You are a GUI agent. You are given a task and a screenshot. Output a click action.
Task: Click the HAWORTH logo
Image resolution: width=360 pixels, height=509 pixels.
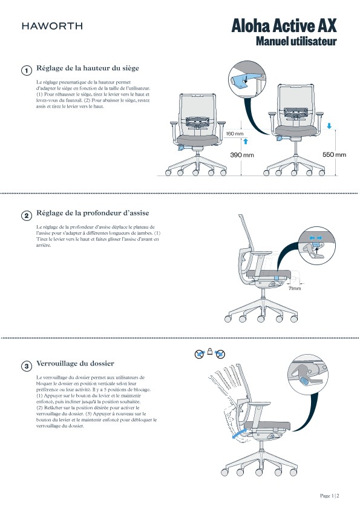pyautogui.click(x=52, y=26)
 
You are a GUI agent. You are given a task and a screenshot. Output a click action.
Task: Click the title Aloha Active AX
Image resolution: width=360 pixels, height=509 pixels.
pyautogui.click(x=284, y=25)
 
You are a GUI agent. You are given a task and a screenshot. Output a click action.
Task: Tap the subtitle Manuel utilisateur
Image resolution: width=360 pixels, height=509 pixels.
pyautogui.click(x=296, y=41)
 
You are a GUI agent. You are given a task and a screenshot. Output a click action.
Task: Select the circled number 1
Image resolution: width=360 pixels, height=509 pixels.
pyautogui.click(x=26, y=70)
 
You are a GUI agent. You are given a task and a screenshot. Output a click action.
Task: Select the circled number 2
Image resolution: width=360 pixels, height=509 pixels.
pyautogui.click(x=26, y=215)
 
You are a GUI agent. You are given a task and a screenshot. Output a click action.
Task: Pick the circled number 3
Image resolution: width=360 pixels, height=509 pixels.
pyautogui.click(x=26, y=366)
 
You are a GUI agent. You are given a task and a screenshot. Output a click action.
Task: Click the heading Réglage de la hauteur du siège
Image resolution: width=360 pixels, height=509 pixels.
pyautogui.click(x=88, y=68)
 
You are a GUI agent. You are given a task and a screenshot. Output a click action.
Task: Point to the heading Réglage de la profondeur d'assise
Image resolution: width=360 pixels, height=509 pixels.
pyautogui.click(x=93, y=213)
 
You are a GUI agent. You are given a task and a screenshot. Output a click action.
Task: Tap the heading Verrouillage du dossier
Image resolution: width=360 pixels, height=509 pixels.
pyautogui.click(x=75, y=363)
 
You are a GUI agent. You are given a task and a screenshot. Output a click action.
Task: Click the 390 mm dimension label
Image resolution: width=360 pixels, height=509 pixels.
pyautogui.click(x=242, y=155)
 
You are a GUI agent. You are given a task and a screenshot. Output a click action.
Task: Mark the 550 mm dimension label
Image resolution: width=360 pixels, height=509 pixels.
pyautogui.click(x=334, y=154)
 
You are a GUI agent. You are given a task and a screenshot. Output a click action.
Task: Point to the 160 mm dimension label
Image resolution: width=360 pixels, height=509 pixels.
pyautogui.click(x=235, y=134)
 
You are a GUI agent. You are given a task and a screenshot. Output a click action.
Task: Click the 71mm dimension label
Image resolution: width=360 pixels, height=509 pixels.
pyautogui.click(x=295, y=288)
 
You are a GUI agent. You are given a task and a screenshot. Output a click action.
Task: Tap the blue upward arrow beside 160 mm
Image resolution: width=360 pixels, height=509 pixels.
pyautogui.click(x=246, y=141)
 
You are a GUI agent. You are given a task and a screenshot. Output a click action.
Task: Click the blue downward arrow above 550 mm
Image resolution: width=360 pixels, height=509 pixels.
pyautogui.click(x=329, y=126)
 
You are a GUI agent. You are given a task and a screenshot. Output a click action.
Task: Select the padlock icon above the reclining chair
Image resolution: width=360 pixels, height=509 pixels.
pyautogui.click(x=210, y=351)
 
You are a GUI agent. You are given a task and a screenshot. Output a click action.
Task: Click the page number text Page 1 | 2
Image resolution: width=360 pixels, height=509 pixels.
pyautogui.click(x=330, y=496)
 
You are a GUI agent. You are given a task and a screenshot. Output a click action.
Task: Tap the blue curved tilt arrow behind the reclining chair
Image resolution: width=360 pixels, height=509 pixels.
pyautogui.click(x=240, y=434)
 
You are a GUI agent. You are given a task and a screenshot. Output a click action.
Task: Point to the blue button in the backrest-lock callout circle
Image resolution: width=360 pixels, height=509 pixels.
pyautogui.click(x=304, y=381)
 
